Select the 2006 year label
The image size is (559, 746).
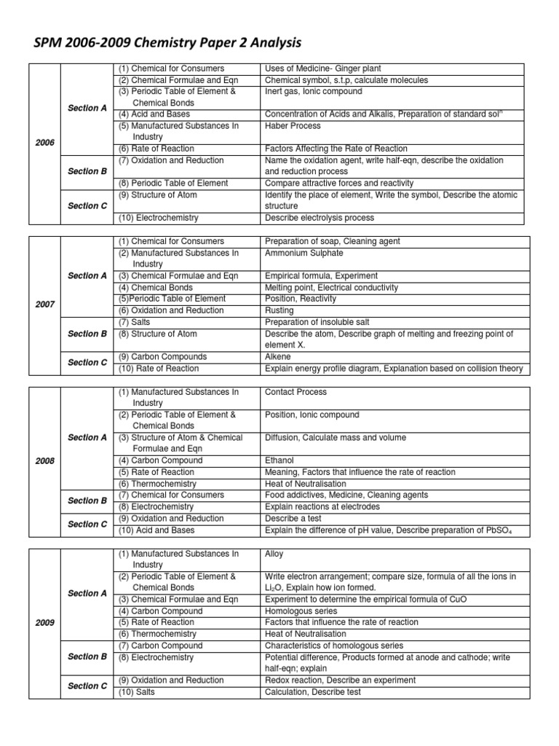[x=45, y=143]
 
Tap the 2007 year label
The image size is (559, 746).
[x=45, y=305]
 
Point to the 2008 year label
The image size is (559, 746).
[x=45, y=460]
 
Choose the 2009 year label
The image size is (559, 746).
[x=45, y=623]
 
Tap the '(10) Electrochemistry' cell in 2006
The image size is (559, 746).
[x=159, y=218]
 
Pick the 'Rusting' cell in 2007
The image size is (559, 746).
[x=279, y=310]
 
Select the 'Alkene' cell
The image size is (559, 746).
[x=277, y=357]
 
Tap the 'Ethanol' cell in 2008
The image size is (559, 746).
[x=279, y=460]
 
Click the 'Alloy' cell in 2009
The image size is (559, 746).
[x=275, y=554]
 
